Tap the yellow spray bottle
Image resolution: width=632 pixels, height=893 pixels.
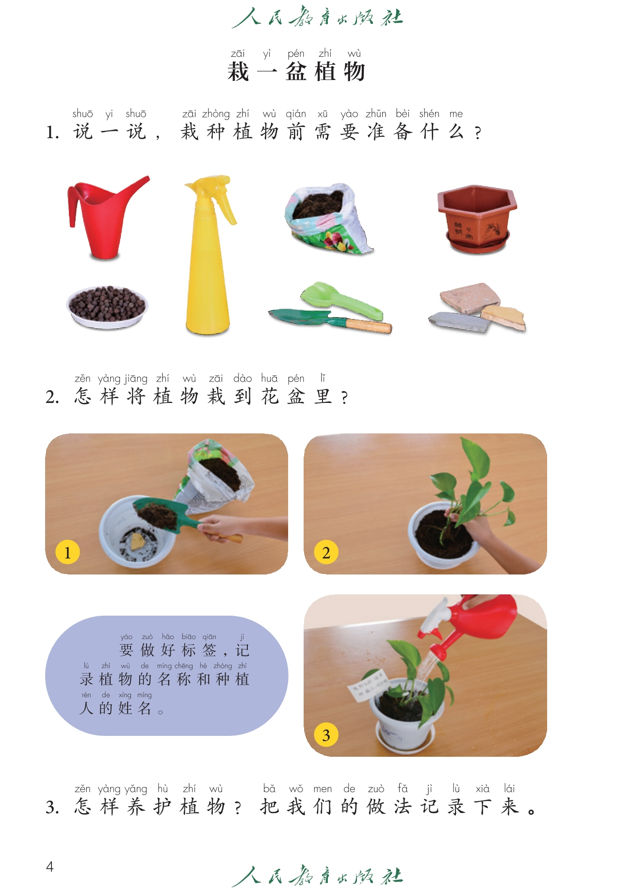tap(208, 257)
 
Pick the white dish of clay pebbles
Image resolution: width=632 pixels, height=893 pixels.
tap(107, 307)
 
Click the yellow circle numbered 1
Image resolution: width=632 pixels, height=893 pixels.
tap(67, 552)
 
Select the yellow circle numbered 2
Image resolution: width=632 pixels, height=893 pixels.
tap(326, 552)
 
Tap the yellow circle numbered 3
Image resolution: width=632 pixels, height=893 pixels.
tap(326, 735)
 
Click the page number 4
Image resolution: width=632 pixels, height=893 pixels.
tap(49, 866)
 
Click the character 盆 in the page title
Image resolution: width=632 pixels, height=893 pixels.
tap(296, 72)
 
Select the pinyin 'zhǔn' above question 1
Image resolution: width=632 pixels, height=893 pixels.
tap(376, 113)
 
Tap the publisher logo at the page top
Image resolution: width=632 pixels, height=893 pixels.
tap(317, 17)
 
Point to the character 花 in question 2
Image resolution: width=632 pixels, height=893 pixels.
tap(270, 397)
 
